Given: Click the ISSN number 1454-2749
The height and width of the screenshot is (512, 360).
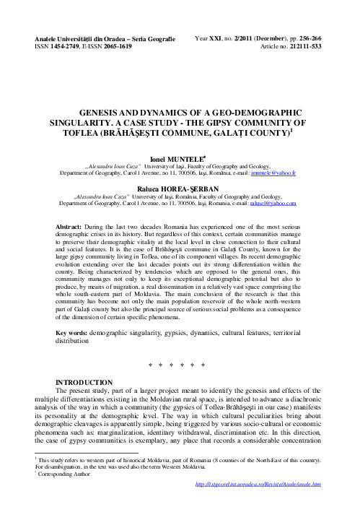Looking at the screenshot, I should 58,45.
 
